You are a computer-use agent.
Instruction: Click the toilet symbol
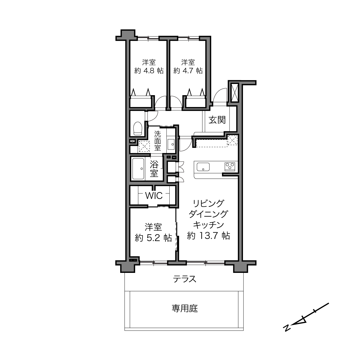click(137, 128)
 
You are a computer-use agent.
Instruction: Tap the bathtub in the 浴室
click(138, 169)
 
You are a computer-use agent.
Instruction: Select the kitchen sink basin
click(203, 167)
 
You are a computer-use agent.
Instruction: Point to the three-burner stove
click(229, 166)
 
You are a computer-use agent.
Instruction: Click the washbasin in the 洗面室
click(171, 144)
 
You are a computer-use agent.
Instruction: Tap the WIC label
click(154, 196)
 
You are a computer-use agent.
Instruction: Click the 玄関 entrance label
click(217, 120)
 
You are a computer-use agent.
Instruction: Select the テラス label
click(185, 279)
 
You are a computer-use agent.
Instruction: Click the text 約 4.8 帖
click(149, 71)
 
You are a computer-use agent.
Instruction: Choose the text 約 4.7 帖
click(188, 71)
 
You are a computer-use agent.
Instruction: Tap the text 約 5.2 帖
click(153, 238)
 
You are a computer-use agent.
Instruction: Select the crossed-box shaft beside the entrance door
click(235, 93)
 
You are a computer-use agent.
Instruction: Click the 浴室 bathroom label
click(154, 169)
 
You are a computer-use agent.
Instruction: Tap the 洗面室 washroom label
click(158, 141)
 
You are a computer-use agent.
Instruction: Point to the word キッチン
click(208, 225)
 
